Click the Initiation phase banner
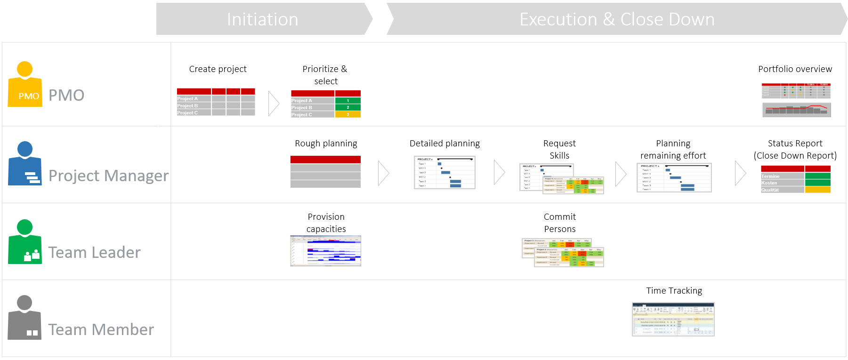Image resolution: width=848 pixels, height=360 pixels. [262, 19]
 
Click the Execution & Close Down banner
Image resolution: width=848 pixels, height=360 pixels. [617, 19]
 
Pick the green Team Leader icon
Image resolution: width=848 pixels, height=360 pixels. [25, 242]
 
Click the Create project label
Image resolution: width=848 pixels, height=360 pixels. [218, 69]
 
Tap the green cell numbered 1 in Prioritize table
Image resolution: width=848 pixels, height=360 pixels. [347, 101]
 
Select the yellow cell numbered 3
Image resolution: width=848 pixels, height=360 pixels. [347, 114]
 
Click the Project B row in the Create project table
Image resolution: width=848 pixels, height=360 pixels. [194, 106]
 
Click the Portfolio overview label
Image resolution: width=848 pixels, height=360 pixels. [795, 69]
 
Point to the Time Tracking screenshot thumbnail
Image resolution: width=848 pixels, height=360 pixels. [673, 319]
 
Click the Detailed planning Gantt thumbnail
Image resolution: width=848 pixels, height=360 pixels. [444, 173]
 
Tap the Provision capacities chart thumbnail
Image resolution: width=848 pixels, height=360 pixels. [325, 251]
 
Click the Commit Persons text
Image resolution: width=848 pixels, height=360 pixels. [559, 223]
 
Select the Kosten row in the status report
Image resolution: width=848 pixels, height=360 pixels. [782, 183]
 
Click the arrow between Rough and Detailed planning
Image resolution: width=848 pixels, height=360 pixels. [383, 173]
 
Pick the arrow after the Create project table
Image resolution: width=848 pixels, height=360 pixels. [274, 104]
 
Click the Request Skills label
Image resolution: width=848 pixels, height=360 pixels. [559, 149]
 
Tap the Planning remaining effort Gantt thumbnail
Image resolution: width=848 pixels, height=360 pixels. [674, 178]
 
